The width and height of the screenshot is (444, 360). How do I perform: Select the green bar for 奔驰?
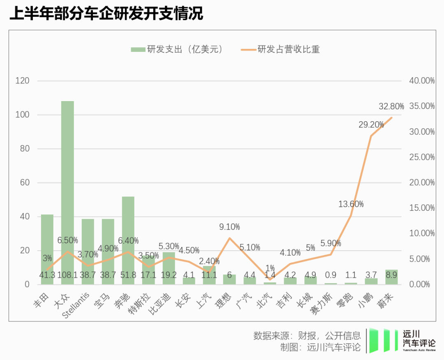(x=128, y=234)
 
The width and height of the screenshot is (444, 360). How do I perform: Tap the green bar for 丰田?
(x=47, y=242)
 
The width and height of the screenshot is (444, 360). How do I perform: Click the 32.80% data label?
(x=391, y=106)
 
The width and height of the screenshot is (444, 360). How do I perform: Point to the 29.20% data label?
(x=371, y=125)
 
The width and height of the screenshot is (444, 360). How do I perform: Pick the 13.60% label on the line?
(x=351, y=204)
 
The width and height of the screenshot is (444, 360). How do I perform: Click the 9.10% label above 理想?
(x=229, y=227)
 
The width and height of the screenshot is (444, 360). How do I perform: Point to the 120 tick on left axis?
(x=22, y=81)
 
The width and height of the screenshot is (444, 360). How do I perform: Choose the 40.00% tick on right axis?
(x=422, y=81)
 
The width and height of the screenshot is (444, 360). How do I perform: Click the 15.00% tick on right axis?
(x=422, y=208)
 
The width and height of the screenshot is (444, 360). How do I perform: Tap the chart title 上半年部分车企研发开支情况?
(x=106, y=14)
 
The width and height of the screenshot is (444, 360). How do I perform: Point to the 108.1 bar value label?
(x=67, y=275)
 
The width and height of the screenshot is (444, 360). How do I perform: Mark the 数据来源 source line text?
(x=307, y=335)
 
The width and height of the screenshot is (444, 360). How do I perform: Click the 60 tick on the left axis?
(x=25, y=182)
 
